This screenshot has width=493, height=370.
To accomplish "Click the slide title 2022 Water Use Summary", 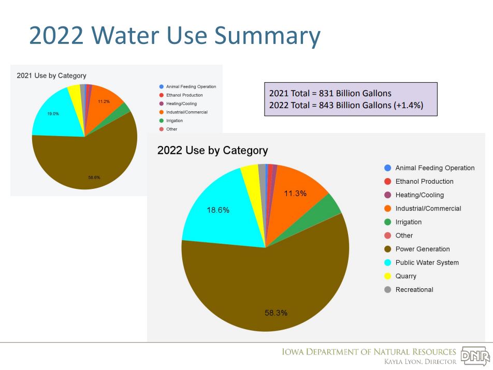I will [175, 36].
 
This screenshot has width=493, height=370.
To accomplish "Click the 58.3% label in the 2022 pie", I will [276, 313].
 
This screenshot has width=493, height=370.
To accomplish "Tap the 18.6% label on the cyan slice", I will [218, 210].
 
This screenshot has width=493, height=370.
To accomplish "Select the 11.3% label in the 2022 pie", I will [295, 194].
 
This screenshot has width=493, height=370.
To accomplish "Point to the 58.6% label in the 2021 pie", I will [94, 177].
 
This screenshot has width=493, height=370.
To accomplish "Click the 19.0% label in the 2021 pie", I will [53, 113].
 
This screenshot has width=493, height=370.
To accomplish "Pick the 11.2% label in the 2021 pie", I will [104, 101].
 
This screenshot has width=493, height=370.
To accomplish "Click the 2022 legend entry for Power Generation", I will [422, 249].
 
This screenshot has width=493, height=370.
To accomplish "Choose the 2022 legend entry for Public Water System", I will [427, 262].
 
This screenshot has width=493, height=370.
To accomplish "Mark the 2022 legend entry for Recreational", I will [414, 289].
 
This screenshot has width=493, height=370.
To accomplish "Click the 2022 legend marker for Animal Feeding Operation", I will [388, 168].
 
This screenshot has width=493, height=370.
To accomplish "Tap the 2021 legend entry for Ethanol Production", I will [184, 95].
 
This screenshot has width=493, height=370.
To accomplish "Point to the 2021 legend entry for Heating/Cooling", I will [181, 103].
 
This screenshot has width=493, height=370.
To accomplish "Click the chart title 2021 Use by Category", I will [51, 76].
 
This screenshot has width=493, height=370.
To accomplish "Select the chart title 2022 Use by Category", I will [212, 151].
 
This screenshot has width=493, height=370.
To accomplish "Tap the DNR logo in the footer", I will [475, 357].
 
